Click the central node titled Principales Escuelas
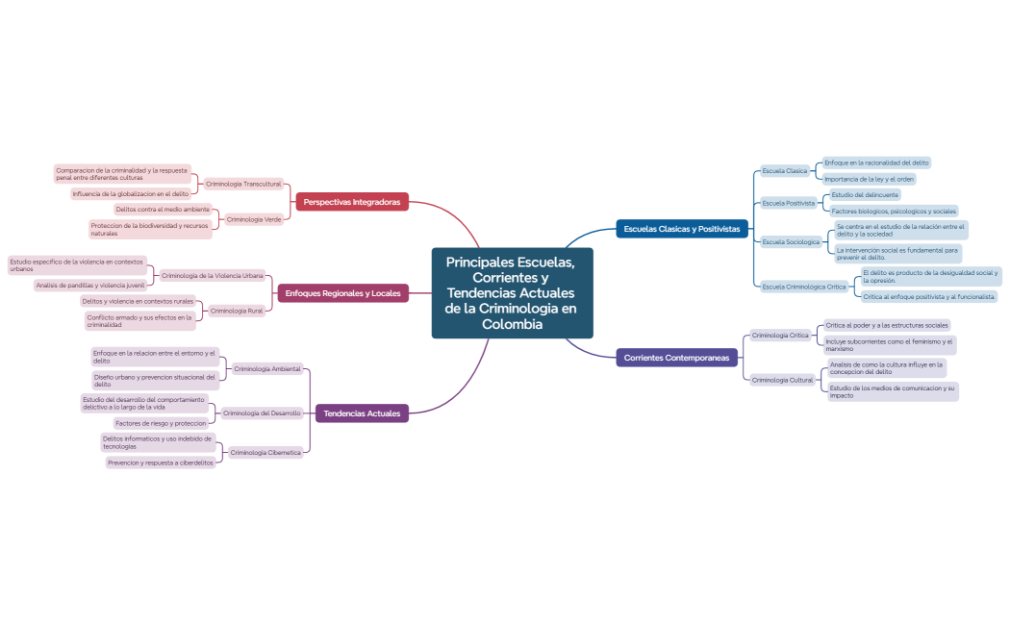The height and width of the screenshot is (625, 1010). point(511,292)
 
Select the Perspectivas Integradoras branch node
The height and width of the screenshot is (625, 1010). point(352,202)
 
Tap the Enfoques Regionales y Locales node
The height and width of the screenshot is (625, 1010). point(342,293)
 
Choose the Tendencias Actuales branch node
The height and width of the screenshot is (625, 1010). point(362,413)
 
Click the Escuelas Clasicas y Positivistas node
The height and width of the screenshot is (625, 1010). point(681,229)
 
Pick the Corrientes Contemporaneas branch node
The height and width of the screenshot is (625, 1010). point(677,358)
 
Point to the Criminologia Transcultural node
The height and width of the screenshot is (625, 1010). point(243,184)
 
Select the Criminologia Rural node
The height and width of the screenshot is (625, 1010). point(237,311)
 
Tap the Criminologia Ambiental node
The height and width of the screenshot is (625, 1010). point(267,368)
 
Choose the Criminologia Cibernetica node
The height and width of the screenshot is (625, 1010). point(265,452)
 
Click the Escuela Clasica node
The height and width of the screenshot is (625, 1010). point(785,171)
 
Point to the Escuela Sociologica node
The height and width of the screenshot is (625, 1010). point(791,242)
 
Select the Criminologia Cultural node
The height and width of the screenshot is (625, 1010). point(782,380)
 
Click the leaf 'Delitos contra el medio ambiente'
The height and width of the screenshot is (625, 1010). point(163,209)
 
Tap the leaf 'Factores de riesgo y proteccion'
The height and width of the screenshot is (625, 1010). point(161,423)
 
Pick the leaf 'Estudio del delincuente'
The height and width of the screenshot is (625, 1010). point(866,194)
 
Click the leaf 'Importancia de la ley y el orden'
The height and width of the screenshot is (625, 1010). point(869,179)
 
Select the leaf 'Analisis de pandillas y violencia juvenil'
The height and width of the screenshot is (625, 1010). point(90,286)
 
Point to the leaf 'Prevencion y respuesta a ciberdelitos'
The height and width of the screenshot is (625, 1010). point(161,462)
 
